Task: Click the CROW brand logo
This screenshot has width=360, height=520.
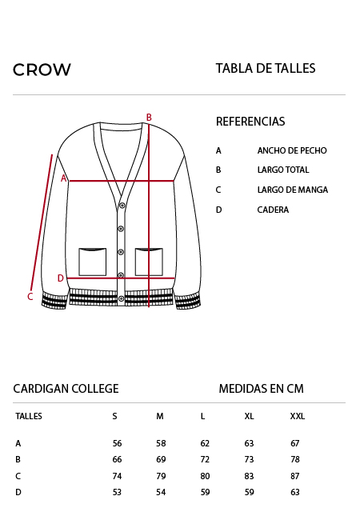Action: coord(42,70)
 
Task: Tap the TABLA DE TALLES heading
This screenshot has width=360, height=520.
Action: coord(266,68)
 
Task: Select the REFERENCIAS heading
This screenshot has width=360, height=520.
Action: coord(250,122)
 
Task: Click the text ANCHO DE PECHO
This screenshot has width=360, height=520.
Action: coord(292,150)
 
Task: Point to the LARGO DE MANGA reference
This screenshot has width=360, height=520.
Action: coord(292,190)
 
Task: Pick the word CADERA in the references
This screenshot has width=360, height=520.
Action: coord(273,210)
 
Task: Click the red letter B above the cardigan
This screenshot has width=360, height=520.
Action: coord(149,117)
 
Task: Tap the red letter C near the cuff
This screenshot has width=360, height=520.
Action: coord(30,296)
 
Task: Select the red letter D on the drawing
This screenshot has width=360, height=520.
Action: coord(60,278)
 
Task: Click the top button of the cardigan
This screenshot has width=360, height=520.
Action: coord(122,206)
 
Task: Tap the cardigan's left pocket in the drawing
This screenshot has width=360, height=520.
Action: coord(93,262)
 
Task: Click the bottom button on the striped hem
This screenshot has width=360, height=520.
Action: coord(122,298)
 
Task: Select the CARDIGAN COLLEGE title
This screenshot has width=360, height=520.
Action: coord(66,389)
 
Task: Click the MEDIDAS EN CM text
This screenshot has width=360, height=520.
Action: coord(262,389)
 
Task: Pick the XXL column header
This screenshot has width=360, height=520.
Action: coord(298,416)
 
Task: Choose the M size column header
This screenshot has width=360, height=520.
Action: coord(160,416)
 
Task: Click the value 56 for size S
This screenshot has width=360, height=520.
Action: coord(117,443)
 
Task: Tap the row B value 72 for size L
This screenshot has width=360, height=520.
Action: coord(205,459)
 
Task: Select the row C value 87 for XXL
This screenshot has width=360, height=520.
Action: coord(295,476)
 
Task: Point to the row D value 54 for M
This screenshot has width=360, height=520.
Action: coord(161,492)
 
